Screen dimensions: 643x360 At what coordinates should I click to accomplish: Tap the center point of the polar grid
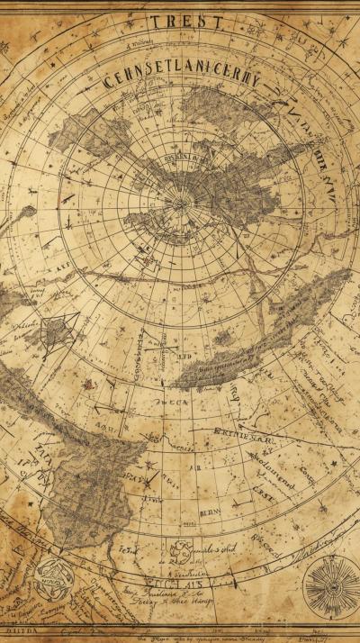click(x=181, y=202)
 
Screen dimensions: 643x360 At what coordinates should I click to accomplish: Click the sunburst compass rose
click(x=330, y=586)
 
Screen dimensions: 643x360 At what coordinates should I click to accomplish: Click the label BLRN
click(x=209, y=511)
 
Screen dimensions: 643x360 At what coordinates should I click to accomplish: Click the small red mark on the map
click(x=89, y=384)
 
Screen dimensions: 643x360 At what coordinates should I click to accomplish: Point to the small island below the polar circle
click(x=223, y=338)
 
